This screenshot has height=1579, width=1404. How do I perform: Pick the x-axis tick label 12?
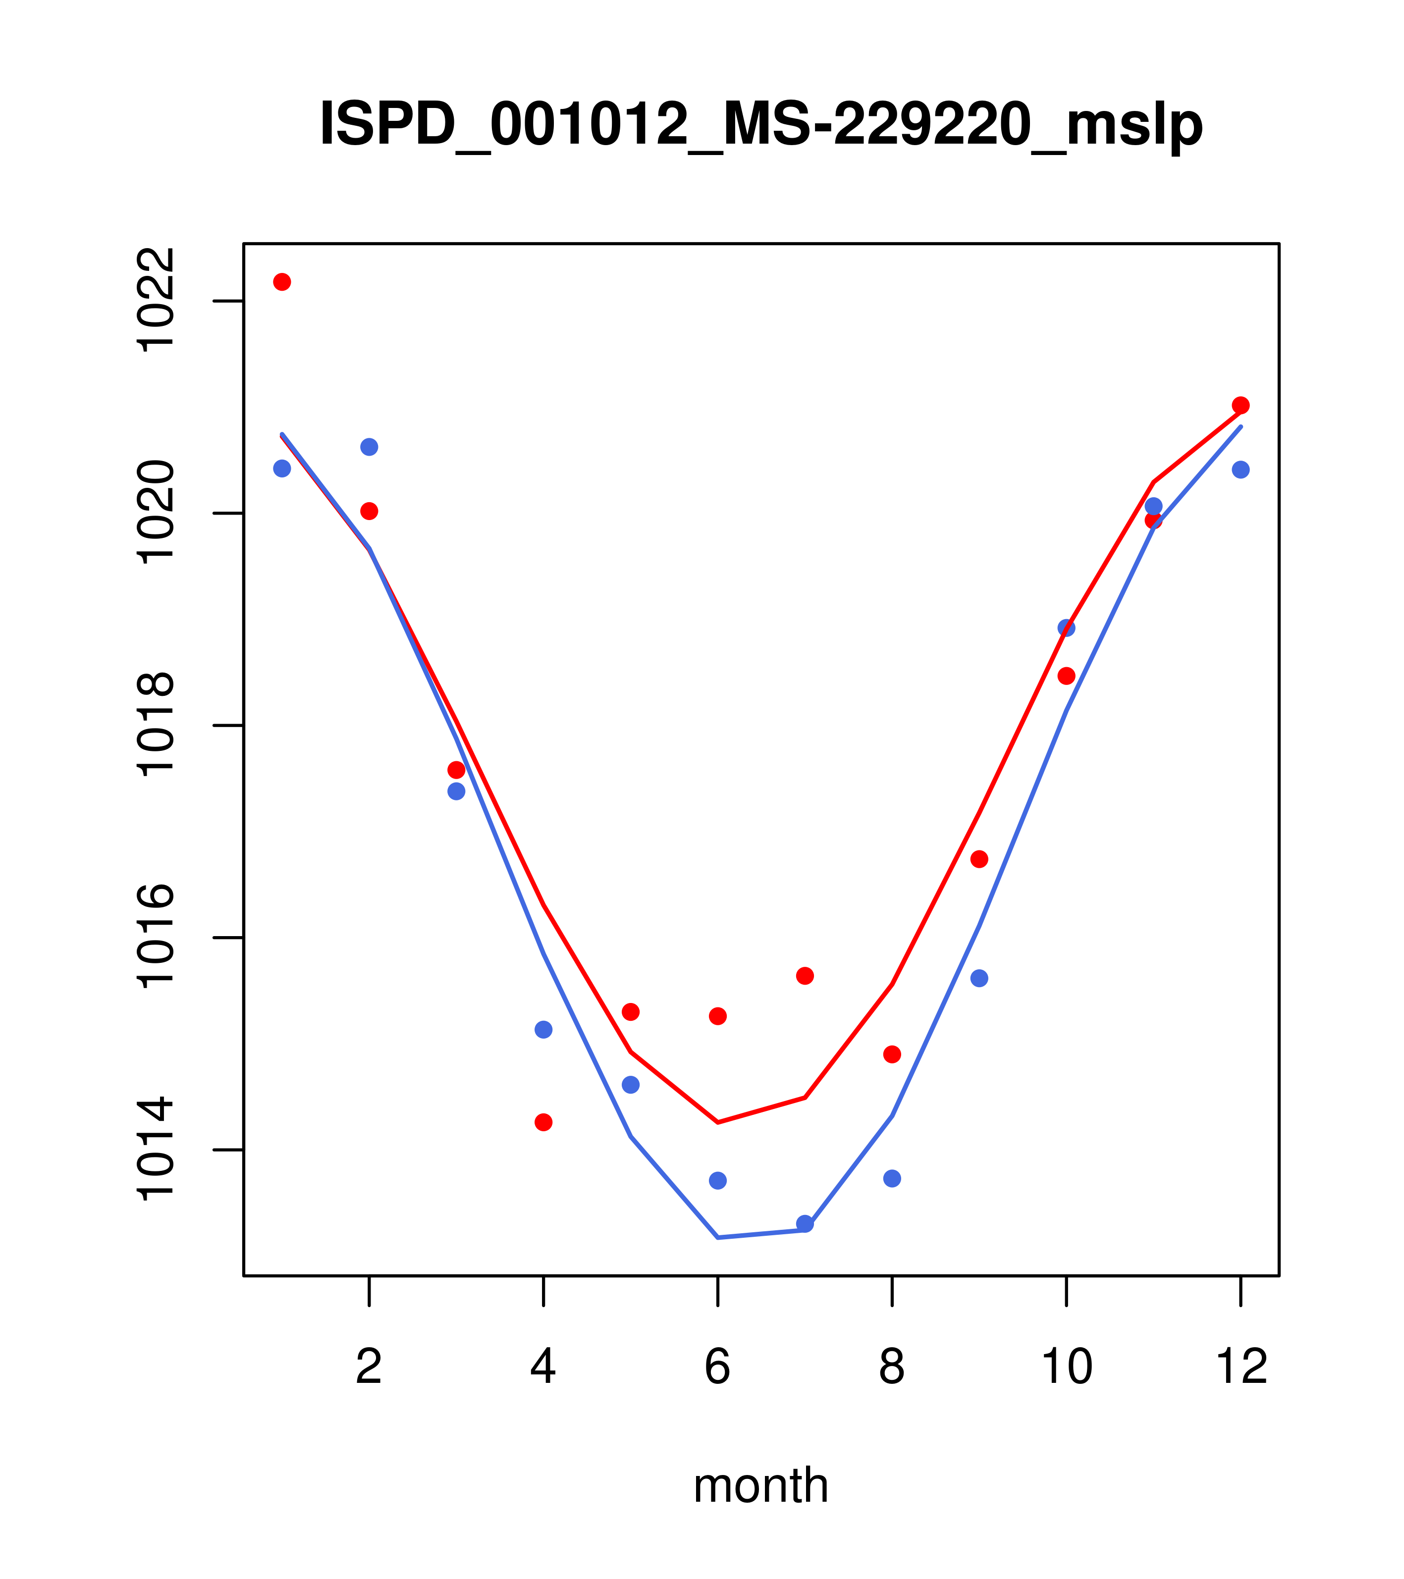pos(1241,1368)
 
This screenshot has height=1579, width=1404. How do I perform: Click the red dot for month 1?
pos(282,282)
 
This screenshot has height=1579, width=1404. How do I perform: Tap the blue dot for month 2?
pos(370,447)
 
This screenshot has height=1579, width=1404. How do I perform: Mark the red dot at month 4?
pos(544,1122)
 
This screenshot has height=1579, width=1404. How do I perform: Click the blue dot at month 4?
pos(544,1030)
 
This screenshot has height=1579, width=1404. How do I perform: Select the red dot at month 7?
pos(805,976)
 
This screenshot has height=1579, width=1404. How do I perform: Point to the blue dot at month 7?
pos(805,1224)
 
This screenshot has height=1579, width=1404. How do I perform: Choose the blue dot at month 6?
pos(718,1180)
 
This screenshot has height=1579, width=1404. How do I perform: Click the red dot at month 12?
pos(1241,406)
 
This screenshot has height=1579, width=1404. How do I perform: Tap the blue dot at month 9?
pos(980,979)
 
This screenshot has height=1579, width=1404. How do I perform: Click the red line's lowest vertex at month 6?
pos(718,1122)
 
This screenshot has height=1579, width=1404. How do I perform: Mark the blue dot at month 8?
pos(892,1178)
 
